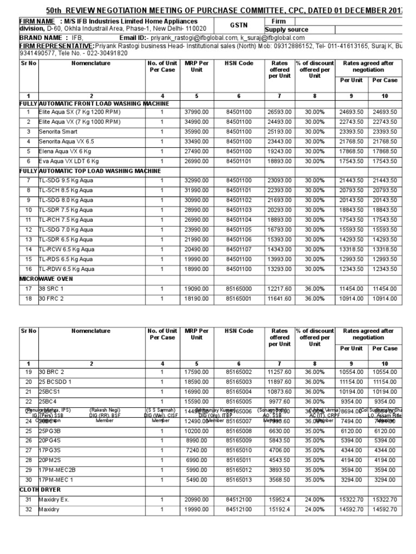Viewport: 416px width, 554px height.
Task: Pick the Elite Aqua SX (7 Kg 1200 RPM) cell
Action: point(80,112)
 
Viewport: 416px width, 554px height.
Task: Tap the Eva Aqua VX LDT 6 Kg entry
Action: point(69,161)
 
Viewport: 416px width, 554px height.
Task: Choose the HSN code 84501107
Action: point(239,249)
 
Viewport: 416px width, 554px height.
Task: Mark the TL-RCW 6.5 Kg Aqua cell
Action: point(66,249)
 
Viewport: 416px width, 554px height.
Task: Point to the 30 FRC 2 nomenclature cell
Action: point(51,299)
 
